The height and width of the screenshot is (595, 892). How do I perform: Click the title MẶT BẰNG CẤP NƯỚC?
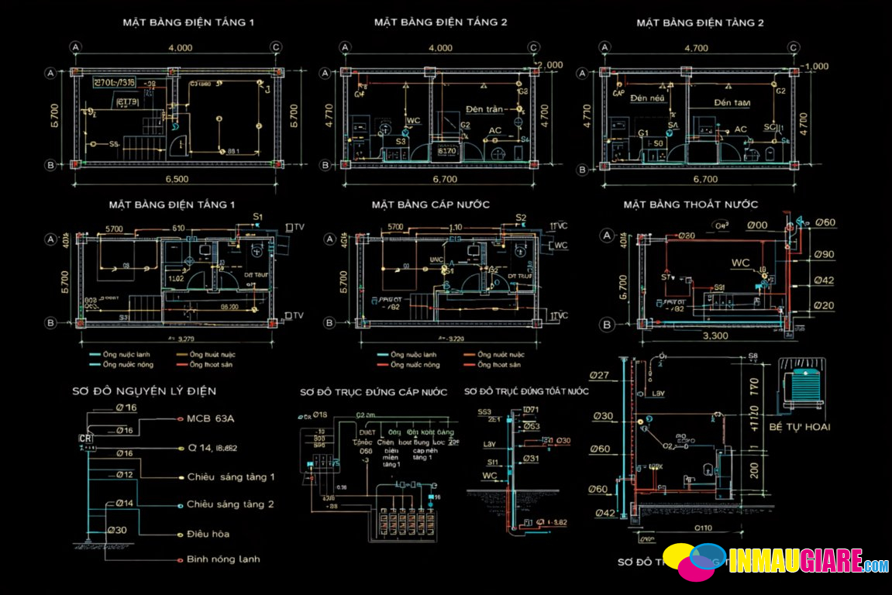pos(430,205)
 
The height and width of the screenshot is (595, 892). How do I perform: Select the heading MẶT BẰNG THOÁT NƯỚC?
pos(691,205)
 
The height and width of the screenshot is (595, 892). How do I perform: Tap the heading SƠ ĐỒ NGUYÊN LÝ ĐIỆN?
pos(144,391)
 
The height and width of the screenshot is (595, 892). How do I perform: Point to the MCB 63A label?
pos(210,419)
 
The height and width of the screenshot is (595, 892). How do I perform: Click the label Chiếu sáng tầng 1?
pos(230,476)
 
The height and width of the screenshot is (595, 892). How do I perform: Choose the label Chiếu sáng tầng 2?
pos(230,504)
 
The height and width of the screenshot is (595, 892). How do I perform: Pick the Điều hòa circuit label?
pos(208,534)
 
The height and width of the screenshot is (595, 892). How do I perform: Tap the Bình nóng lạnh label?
pos(223,559)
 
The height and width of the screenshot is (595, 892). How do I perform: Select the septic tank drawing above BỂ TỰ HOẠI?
pos(800,385)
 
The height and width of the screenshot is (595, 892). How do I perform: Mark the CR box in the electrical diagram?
pos(85,439)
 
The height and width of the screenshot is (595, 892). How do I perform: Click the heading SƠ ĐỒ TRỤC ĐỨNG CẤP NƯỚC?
pos(374,392)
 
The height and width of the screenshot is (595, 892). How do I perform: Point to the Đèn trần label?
pos(484,109)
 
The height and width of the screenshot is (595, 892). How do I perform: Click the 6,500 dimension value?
pos(177,179)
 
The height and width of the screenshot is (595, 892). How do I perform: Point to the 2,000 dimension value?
pos(549,65)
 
